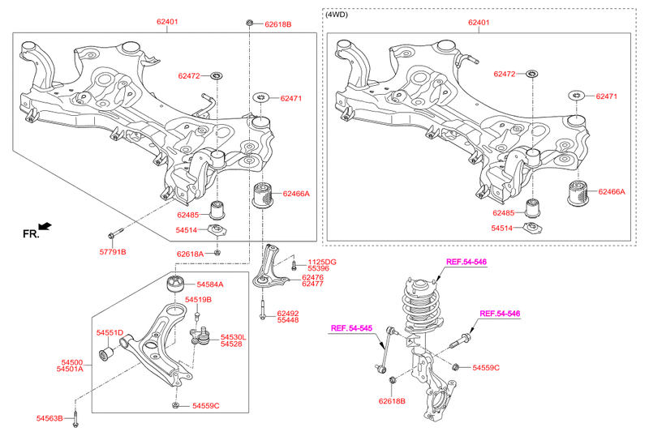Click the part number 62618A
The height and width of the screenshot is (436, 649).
tap(191, 254)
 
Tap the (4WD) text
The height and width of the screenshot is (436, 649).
tap(337, 15)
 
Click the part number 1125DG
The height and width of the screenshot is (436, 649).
tap(320, 262)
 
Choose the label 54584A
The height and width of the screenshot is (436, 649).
tap(209, 284)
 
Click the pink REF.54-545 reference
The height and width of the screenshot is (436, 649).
tap(350, 328)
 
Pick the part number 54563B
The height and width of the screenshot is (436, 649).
tap(50, 418)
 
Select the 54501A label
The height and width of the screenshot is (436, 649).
tap(70, 370)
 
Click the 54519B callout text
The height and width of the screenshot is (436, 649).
tap(197, 300)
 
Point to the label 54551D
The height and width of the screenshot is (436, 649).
tap(110, 332)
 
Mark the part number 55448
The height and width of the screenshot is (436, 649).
tap(288, 320)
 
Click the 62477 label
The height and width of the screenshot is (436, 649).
tap(313, 284)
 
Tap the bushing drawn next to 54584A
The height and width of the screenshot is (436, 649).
tap(176, 284)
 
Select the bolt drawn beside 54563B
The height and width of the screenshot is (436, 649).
tap(75, 417)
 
